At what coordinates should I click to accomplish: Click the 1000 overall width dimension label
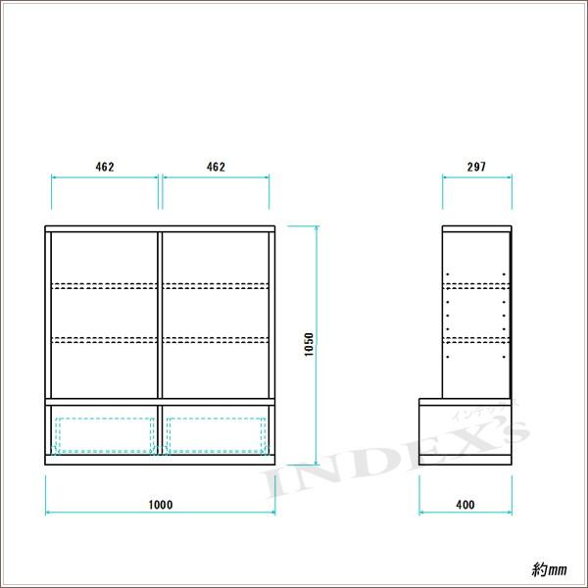161,505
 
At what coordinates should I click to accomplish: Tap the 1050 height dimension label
309,344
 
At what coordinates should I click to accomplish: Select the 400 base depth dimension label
465,505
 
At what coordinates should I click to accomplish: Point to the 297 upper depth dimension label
476,167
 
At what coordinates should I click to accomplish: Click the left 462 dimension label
105,167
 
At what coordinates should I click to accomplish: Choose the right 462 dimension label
216,167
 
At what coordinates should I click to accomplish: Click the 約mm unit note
549,570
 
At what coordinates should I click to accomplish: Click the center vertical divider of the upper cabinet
160,315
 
